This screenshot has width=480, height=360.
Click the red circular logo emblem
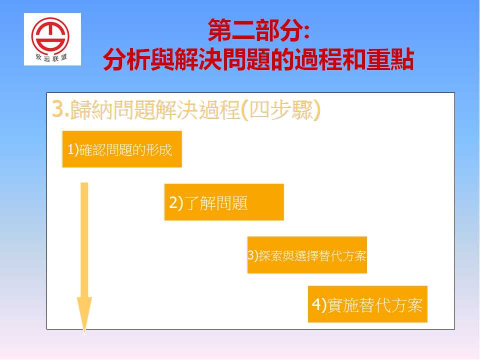click(x=50, y=36)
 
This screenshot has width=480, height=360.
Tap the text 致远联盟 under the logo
click(x=51, y=57)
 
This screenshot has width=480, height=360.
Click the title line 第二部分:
click(x=258, y=30)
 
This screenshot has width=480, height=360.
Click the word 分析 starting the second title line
click(x=126, y=59)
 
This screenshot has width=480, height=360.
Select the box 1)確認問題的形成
click(x=122, y=149)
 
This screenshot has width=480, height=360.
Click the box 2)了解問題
click(x=224, y=202)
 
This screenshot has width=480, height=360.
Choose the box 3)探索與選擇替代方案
click(x=307, y=254)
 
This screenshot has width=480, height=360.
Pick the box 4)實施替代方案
click(x=367, y=304)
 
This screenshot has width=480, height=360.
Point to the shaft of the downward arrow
click(x=84, y=240)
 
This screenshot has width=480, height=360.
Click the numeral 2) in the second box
click(x=176, y=203)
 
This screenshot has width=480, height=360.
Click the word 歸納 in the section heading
click(x=90, y=109)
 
